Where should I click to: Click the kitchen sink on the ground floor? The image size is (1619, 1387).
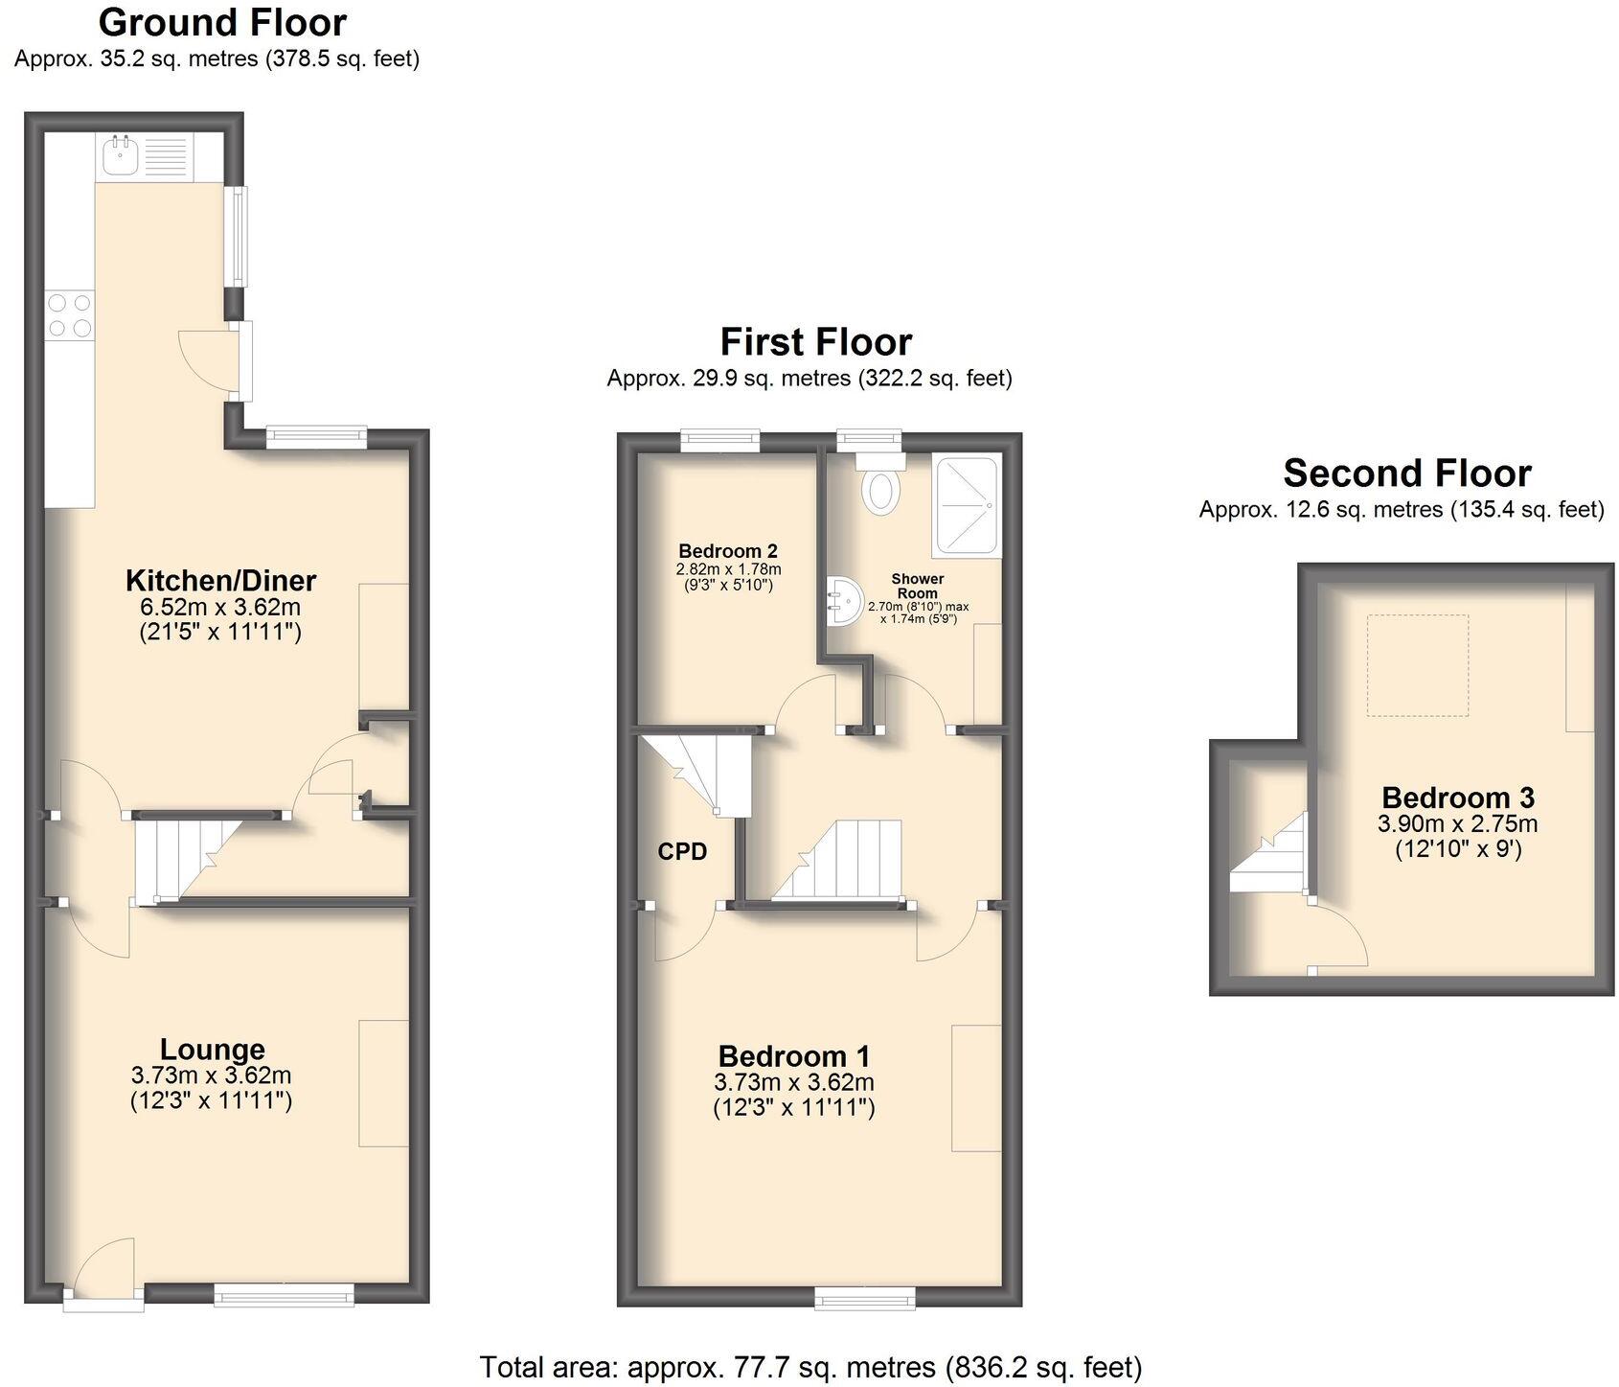[x=120, y=155]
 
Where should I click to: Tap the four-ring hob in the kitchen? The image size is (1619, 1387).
[x=70, y=315]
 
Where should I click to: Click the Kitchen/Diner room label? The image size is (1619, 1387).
[x=220, y=580]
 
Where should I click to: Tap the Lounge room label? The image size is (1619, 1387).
[x=212, y=1050]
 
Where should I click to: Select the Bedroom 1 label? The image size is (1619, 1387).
[x=794, y=1056]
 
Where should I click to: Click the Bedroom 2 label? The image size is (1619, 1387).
[x=728, y=551]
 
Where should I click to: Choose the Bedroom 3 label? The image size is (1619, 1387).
[x=1457, y=798]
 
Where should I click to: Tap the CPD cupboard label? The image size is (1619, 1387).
[x=682, y=851]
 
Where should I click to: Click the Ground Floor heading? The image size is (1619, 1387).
[x=222, y=22]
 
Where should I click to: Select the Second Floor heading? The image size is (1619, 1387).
[x=1406, y=474]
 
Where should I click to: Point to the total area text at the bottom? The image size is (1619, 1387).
[x=810, y=1366]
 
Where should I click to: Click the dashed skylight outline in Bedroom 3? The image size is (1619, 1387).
[x=1417, y=665]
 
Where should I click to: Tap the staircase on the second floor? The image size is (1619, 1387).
[x=1270, y=853]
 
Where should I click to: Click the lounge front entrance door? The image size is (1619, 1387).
[x=103, y=1275]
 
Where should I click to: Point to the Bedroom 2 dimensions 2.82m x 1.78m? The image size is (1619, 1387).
[x=728, y=568]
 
